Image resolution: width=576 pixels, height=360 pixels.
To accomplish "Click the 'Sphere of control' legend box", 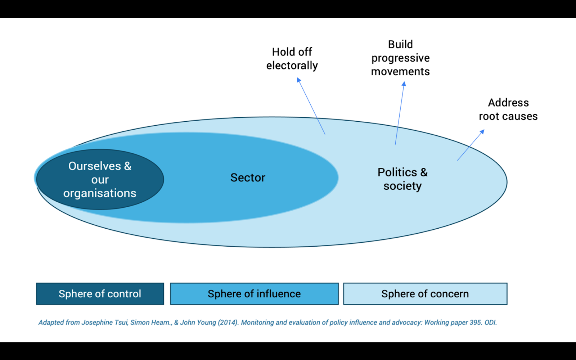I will (100, 294).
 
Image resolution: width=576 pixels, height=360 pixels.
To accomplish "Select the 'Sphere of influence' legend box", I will (254, 294).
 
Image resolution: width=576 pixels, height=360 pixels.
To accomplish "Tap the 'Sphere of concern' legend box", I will (425, 294).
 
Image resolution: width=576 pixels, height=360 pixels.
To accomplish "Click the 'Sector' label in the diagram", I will (248, 177).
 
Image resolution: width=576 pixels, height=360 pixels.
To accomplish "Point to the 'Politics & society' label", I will (402, 179).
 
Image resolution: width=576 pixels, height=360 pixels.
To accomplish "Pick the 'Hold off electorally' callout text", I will (292, 59).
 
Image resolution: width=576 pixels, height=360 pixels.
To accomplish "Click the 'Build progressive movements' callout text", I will (400, 58).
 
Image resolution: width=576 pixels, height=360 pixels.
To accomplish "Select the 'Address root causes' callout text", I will (508, 109).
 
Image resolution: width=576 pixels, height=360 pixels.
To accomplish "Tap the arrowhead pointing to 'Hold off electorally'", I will (298, 80).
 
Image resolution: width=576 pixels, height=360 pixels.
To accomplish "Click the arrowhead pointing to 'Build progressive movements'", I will (404, 84).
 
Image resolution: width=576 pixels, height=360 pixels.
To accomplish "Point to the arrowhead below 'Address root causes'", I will (482, 131).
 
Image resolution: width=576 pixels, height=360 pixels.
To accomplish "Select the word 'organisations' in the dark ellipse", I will (100, 193).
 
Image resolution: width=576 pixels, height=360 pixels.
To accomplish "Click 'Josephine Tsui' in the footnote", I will (104, 323).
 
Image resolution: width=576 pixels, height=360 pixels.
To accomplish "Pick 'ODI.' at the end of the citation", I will (490, 323).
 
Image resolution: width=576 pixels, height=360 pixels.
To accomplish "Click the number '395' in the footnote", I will (475, 323).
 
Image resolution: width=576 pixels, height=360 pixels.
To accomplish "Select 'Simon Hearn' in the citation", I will (150, 323).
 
